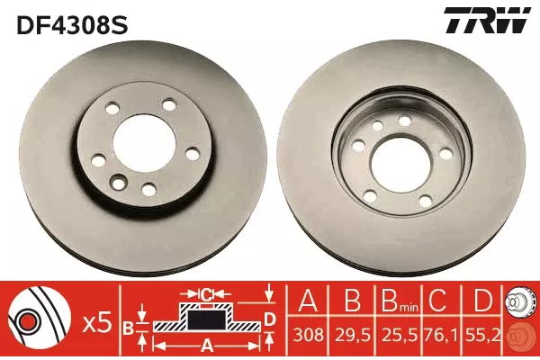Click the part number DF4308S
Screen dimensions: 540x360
click(x=72, y=24)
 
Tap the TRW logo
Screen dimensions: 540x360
click(x=487, y=21)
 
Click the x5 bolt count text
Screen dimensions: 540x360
click(x=98, y=324)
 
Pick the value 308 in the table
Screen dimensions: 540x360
click(x=308, y=335)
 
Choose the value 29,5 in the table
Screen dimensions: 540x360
click(x=352, y=335)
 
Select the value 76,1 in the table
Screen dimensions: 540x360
click(x=442, y=335)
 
